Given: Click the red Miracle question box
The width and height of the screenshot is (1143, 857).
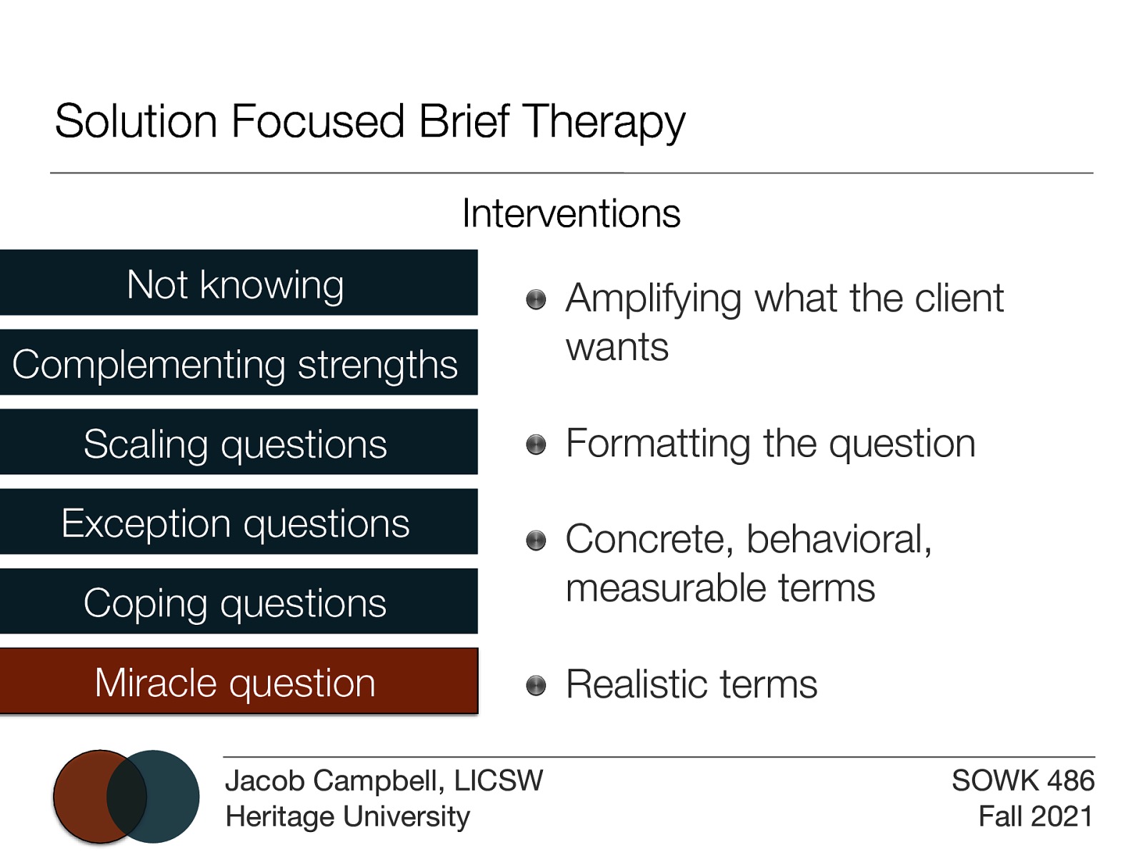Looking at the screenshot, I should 238,681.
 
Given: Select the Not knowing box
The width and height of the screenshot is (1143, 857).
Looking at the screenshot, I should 238,283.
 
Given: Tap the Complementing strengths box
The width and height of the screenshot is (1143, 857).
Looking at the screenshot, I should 238,363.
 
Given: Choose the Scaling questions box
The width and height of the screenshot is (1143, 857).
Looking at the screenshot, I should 238,443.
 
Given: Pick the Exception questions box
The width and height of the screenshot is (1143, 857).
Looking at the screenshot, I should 238,522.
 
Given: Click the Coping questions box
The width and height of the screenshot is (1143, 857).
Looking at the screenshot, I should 238,602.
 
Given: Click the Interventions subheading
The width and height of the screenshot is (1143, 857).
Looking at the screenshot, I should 571,213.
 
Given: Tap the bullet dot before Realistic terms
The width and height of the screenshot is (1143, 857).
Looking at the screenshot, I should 536,686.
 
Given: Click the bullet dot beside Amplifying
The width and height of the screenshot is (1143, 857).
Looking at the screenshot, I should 536,299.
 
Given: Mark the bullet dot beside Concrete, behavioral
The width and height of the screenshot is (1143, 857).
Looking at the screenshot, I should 536,541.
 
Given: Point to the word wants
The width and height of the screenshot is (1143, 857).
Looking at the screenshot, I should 617,348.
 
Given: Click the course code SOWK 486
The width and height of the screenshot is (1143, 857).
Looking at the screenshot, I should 1022,781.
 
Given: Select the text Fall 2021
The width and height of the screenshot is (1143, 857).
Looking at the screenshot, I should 1035,816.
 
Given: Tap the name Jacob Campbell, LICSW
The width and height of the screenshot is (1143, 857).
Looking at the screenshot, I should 384,781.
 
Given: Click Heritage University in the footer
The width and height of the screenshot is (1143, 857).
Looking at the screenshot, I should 347,816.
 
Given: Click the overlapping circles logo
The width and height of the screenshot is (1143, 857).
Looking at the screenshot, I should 126,796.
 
